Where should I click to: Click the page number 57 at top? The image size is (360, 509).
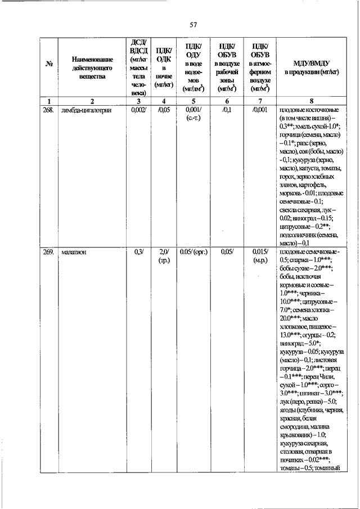[193, 24]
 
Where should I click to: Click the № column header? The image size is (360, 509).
[48, 67]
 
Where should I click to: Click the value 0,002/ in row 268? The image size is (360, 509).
[138, 110]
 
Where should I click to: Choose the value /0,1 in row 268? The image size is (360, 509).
[227, 110]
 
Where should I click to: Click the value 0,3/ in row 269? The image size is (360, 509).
[138, 252]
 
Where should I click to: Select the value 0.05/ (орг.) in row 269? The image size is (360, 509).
[194, 252]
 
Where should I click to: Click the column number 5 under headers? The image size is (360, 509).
[194, 101]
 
